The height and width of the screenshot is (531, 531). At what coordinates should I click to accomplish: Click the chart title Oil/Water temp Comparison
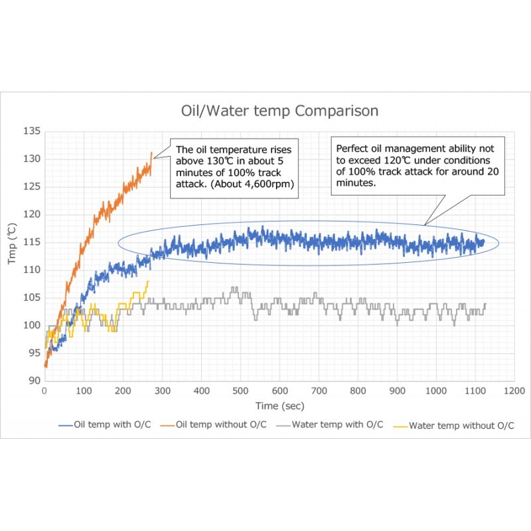(x=280, y=110)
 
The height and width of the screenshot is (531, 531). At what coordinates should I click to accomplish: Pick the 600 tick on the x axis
(x=279, y=392)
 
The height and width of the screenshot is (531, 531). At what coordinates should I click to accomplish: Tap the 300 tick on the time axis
(x=162, y=392)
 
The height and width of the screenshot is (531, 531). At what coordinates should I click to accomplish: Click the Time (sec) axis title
(x=279, y=406)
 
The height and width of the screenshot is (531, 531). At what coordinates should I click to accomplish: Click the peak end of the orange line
(x=152, y=153)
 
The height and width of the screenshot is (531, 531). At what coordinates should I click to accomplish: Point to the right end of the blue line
(x=484, y=242)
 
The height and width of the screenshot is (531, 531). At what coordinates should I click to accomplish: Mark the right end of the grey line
(x=485, y=304)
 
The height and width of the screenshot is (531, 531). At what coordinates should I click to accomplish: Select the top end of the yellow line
(x=148, y=281)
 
